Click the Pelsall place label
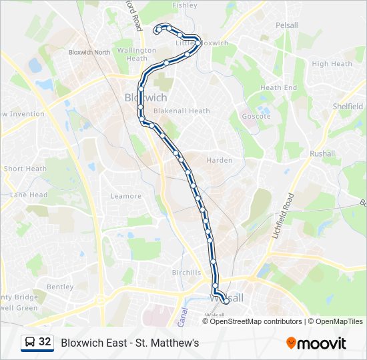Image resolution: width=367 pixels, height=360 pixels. (287, 25)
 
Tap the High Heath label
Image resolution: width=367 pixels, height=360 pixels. (332, 64)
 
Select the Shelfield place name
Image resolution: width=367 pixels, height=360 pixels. (348, 107)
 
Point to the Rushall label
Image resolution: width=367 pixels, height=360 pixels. (322, 153)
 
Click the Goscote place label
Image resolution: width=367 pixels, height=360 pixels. (256, 116)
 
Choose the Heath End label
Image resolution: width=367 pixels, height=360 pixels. (278, 88)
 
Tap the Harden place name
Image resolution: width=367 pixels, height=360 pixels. (220, 161)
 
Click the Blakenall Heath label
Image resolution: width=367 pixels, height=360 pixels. (181, 111)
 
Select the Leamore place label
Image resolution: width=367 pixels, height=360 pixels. (126, 196)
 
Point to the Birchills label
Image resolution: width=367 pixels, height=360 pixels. (186, 273)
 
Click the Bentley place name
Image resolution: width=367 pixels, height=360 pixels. (60, 287)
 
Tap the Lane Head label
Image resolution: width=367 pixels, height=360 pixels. (29, 195)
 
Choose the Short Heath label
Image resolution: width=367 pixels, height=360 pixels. (25, 169)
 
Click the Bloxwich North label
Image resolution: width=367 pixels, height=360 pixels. (89, 52)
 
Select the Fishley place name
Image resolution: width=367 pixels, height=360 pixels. (185, 5)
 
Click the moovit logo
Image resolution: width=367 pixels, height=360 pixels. (316, 343)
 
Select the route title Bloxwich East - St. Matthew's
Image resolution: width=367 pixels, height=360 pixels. (130, 343)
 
